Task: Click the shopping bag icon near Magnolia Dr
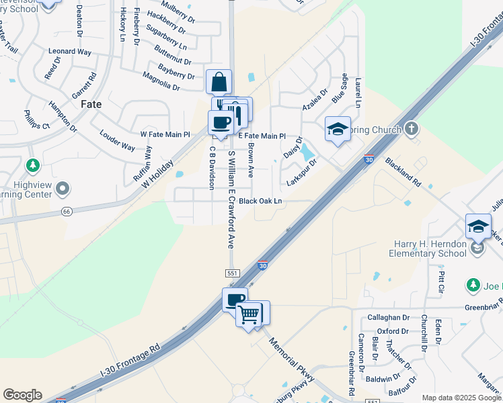coord(219,83)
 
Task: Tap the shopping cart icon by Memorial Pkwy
coord(249,314)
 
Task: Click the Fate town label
coord(91,104)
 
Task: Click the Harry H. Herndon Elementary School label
coord(428,249)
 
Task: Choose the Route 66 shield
coord(67,212)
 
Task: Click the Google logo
coord(22,395)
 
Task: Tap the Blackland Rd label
coord(403,173)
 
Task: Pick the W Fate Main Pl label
coord(165,134)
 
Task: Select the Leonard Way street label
coord(70,51)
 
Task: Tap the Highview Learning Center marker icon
coord(63,187)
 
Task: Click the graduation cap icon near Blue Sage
coord(338,129)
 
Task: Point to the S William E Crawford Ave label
coord(231,199)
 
